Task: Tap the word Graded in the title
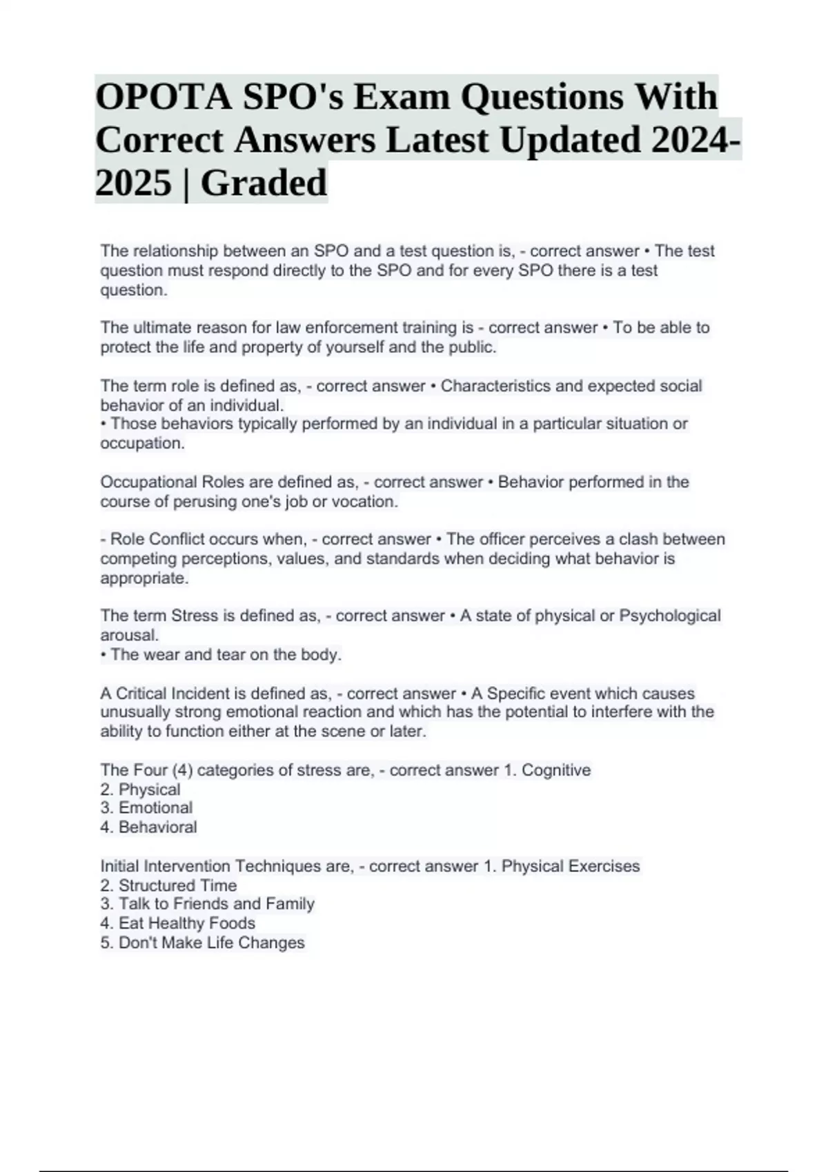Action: [x=264, y=183]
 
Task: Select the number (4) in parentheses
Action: [x=182, y=770]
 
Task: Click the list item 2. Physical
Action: [x=140, y=789]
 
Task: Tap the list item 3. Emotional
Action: [x=146, y=808]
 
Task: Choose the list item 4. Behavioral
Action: [x=148, y=827]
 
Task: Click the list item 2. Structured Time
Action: [x=168, y=885]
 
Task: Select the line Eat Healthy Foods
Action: [x=177, y=923]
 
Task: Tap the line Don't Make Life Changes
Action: [x=202, y=942]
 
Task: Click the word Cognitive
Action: [x=556, y=770]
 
